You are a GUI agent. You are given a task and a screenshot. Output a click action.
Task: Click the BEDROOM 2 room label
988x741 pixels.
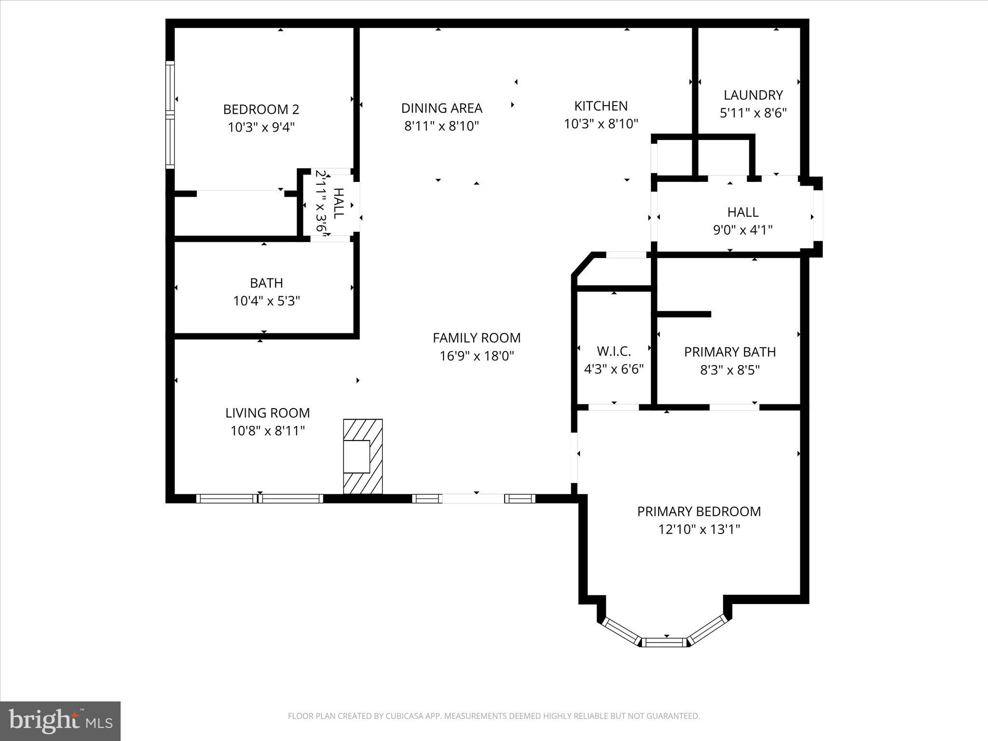tap(261, 110)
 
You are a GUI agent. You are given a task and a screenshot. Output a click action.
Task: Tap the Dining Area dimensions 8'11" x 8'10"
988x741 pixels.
tap(441, 126)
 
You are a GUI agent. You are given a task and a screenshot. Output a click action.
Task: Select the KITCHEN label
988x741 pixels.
tap(601, 106)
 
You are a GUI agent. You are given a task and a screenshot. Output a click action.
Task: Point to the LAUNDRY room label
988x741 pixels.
tap(753, 95)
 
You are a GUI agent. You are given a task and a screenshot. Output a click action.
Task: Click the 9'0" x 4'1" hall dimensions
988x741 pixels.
tap(742, 230)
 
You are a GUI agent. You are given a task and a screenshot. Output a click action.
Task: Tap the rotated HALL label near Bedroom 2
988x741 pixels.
tap(339, 203)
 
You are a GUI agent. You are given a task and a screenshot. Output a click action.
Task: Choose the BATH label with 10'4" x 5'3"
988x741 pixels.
tap(266, 283)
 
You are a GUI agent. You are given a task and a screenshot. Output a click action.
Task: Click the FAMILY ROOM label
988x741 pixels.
tap(476, 338)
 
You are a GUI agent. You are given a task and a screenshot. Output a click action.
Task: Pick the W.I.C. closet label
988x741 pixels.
tap(614, 351)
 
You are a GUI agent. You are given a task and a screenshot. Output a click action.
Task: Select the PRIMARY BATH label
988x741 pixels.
tap(729, 352)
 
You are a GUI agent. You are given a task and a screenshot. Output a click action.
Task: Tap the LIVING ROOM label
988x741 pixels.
tap(267, 413)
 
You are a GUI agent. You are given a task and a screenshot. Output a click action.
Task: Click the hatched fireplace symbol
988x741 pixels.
tap(363, 456)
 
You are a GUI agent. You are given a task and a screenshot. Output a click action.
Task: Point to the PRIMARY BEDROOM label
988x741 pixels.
tap(699, 511)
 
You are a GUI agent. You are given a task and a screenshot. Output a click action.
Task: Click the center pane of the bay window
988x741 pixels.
tap(665, 642)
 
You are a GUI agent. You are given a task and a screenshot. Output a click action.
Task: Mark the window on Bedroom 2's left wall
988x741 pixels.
tap(170, 115)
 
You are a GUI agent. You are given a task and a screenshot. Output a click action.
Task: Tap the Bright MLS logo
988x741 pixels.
tap(60, 721)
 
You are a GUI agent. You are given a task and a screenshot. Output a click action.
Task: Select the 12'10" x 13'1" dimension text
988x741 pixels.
tap(699, 530)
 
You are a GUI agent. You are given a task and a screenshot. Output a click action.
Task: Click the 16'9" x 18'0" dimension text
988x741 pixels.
tap(476, 356)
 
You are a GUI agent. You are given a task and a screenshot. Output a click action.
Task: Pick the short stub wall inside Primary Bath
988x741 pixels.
tap(684, 314)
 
